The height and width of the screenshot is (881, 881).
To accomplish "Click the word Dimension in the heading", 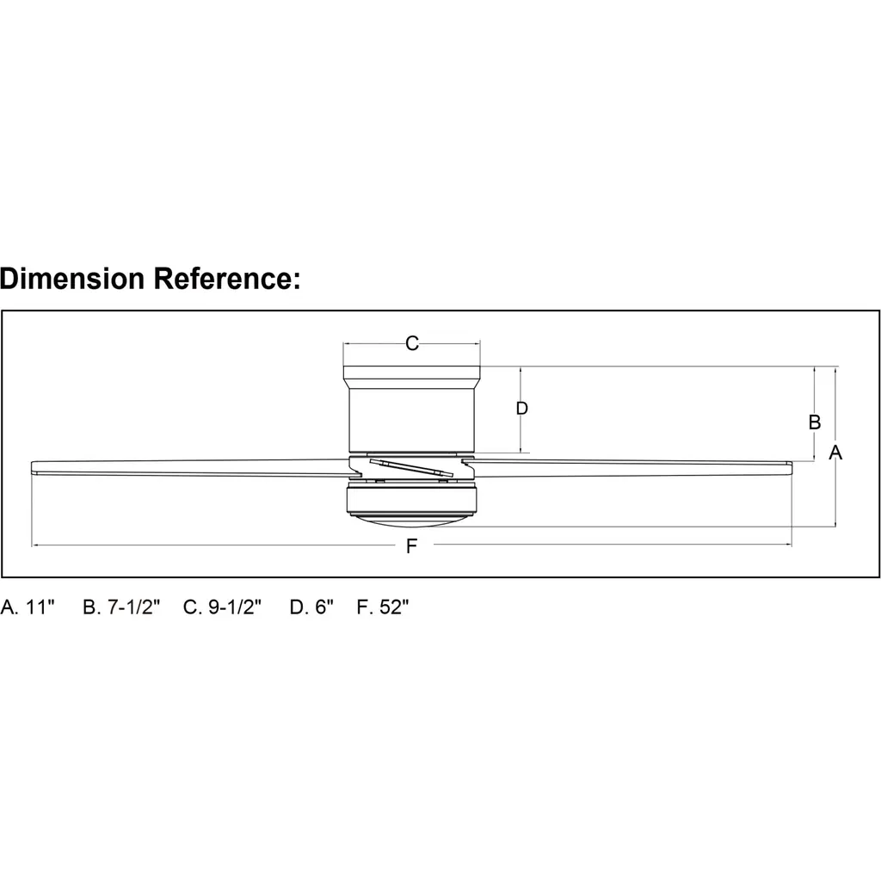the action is [x=72, y=278].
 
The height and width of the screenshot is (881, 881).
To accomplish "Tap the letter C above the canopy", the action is [x=412, y=343].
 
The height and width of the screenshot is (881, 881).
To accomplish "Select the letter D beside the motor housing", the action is [x=522, y=409].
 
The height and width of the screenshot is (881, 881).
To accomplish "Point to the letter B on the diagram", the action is [x=814, y=422].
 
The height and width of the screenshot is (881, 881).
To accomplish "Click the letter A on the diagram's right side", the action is [x=835, y=453].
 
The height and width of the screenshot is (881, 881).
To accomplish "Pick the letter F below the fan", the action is [x=412, y=545].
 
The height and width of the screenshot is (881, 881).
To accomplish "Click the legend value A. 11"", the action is [x=28, y=607].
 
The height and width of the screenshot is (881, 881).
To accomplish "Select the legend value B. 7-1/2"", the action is [x=121, y=607].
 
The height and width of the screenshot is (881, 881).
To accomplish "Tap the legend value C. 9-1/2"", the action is [x=223, y=607].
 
